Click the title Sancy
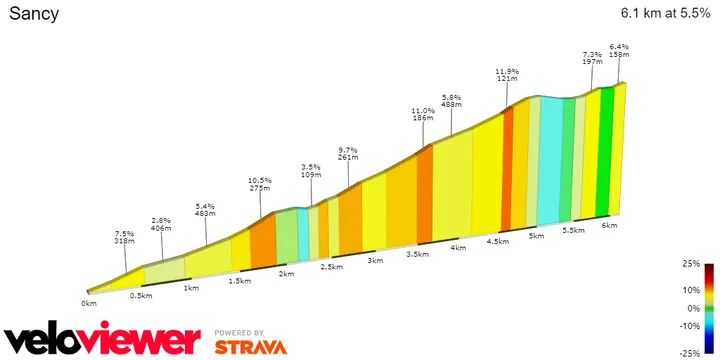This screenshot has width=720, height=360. (x=34, y=14)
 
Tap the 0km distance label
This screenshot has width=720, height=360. (x=89, y=302)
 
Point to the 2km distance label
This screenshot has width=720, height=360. (x=286, y=273)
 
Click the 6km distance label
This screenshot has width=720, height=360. (x=609, y=225)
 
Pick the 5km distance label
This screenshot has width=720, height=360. (x=536, y=236)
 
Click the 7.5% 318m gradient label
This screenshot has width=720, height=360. (x=125, y=237)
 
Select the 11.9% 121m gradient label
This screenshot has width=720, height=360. (x=507, y=75)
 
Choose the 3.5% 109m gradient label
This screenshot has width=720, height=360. (x=312, y=170)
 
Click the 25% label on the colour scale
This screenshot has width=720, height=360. (x=690, y=265)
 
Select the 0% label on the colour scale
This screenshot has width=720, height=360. (x=692, y=308)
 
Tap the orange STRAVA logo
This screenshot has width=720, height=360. (x=250, y=347)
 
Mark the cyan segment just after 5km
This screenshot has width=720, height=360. (x=549, y=160)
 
